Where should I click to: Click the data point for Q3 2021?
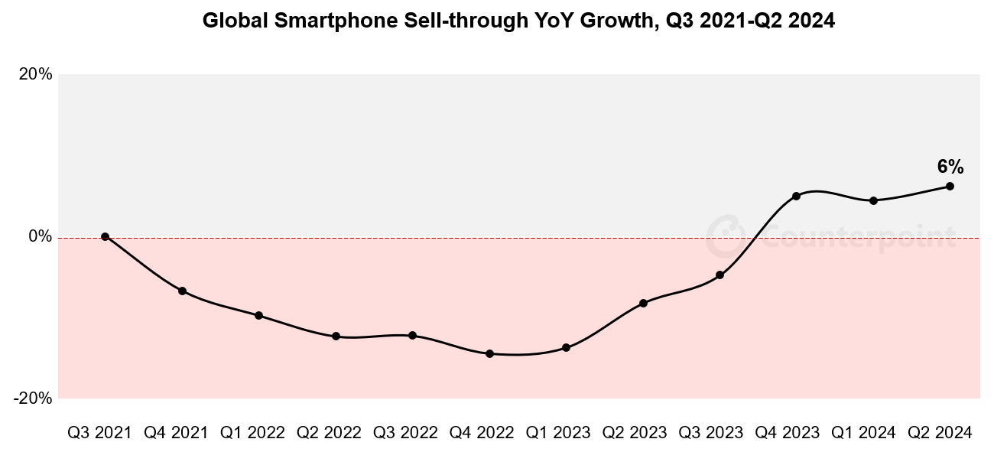click(x=105, y=237)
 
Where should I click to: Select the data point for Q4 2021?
click(x=182, y=291)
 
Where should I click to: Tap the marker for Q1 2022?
click(x=258, y=315)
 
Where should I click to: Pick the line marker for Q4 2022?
click(x=489, y=353)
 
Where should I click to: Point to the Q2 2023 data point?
click(x=643, y=304)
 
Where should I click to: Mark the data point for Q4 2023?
click(x=796, y=196)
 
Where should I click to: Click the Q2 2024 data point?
click(x=950, y=186)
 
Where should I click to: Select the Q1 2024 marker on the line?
click(x=873, y=200)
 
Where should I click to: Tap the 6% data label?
click(x=950, y=167)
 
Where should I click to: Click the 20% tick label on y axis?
click(x=36, y=74)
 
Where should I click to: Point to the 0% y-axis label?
click(x=41, y=236)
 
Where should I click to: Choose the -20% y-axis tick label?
click(x=34, y=398)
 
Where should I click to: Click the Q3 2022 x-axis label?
click(x=405, y=433)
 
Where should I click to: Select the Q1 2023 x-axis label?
click(x=558, y=433)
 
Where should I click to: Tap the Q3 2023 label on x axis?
click(x=711, y=433)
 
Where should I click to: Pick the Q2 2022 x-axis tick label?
click(x=329, y=433)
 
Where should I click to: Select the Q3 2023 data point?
click(x=720, y=275)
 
